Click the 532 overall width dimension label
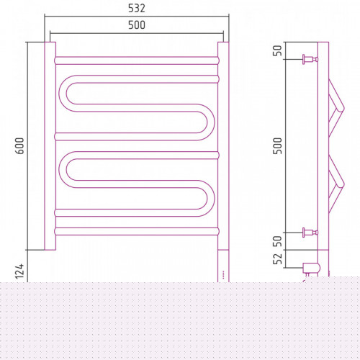(137, 9)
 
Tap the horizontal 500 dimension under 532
(137, 25)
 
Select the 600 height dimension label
(19, 145)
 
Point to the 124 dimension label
(19, 271)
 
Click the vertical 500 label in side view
(278, 145)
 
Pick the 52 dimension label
(278, 258)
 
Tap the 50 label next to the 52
(278, 241)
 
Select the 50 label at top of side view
(278, 50)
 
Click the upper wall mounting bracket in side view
(310, 59)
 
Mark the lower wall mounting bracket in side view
(310, 233)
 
